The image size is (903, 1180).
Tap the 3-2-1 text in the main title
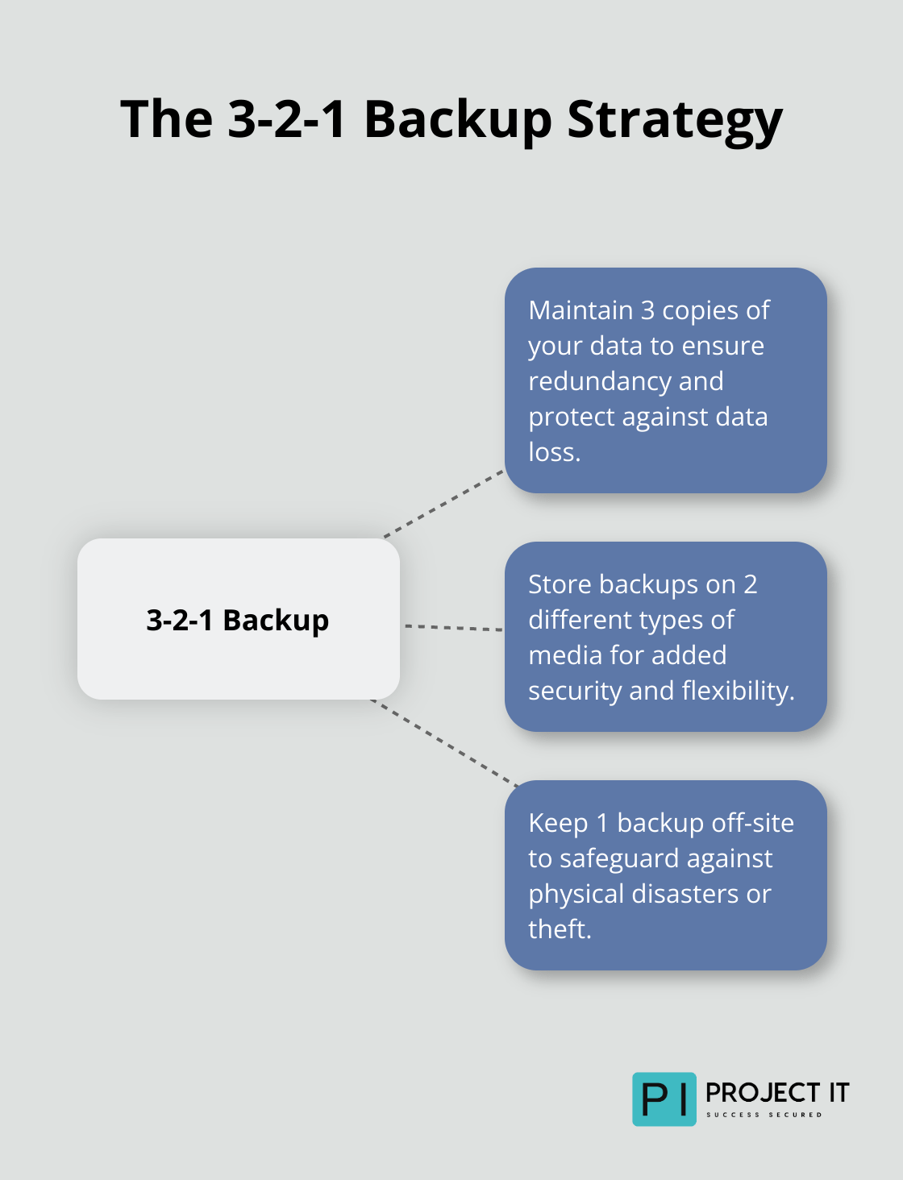pos(287,119)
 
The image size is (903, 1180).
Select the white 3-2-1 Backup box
pos(238,618)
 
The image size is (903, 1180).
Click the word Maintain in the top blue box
pos(580,310)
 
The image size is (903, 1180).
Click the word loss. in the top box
pos(554,452)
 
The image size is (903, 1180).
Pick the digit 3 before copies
pos(647,310)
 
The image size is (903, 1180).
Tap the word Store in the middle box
pos(560,584)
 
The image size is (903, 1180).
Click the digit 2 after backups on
pos(750,584)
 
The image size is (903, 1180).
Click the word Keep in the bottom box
pos(558,823)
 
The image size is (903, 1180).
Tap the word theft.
pos(560,929)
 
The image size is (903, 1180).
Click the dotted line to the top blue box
pos(443,504)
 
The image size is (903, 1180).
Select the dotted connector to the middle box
pos(453,627)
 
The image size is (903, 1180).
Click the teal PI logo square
pos(664,1099)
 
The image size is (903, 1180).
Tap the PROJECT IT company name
pos(776,1093)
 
